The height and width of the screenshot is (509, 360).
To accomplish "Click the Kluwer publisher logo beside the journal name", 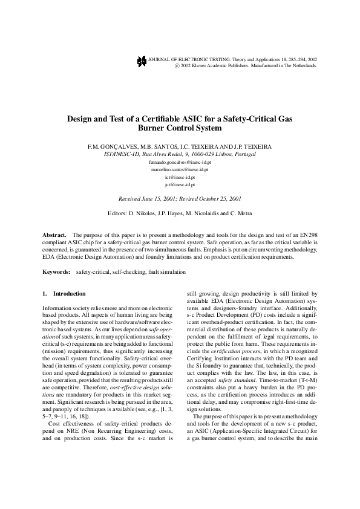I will pos(141,62).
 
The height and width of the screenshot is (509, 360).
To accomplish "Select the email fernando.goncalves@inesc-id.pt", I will pos(180,163).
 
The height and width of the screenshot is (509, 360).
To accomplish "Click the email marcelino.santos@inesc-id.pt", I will pos(180,170).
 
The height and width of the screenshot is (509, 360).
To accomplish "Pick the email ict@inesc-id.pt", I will pos(180,178).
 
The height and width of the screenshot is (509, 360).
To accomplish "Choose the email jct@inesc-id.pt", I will pos(180,185).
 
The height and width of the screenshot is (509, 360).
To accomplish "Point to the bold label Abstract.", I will pos(54,234).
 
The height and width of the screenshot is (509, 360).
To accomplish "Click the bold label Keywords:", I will pos(56,272).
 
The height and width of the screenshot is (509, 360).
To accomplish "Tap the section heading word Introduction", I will pos(70,294).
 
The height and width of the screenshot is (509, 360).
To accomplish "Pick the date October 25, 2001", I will pos(218,198).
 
